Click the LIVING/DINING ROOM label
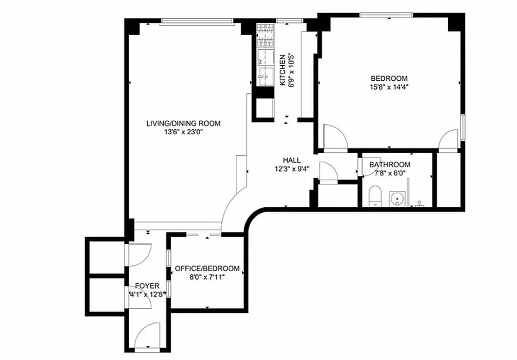(183, 123)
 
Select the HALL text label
(292, 160)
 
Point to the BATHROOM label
(390, 165)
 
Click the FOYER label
(147, 286)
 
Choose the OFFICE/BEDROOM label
(207, 268)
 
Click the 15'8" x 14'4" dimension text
(389, 87)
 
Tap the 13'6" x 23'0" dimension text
(183, 132)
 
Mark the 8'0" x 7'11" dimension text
(207, 277)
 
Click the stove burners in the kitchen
(265, 36)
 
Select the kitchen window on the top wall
(289, 20)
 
